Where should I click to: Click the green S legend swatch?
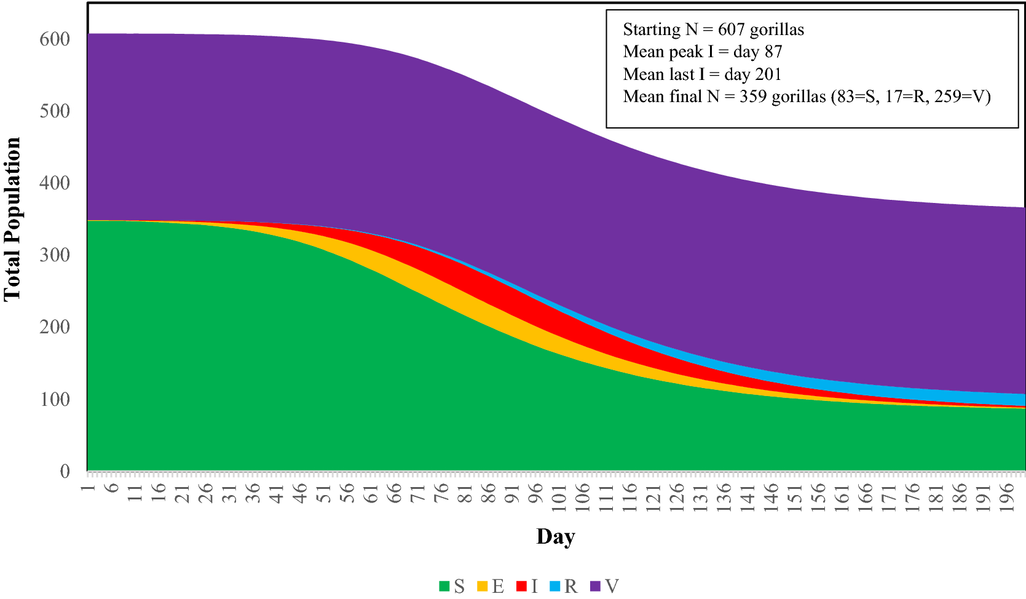(x=444, y=586)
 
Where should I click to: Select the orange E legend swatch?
(x=482, y=586)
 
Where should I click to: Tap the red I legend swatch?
(x=521, y=586)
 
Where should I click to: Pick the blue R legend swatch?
(x=555, y=586)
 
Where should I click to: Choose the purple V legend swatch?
(x=594, y=586)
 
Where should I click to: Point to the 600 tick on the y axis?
(x=55, y=39)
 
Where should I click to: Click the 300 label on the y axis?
(x=55, y=255)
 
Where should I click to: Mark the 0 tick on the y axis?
(x=65, y=472)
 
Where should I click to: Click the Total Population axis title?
(x=12, y=219)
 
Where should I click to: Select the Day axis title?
(x=555, y=536)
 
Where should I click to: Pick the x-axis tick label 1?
(x=88, y=486)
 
